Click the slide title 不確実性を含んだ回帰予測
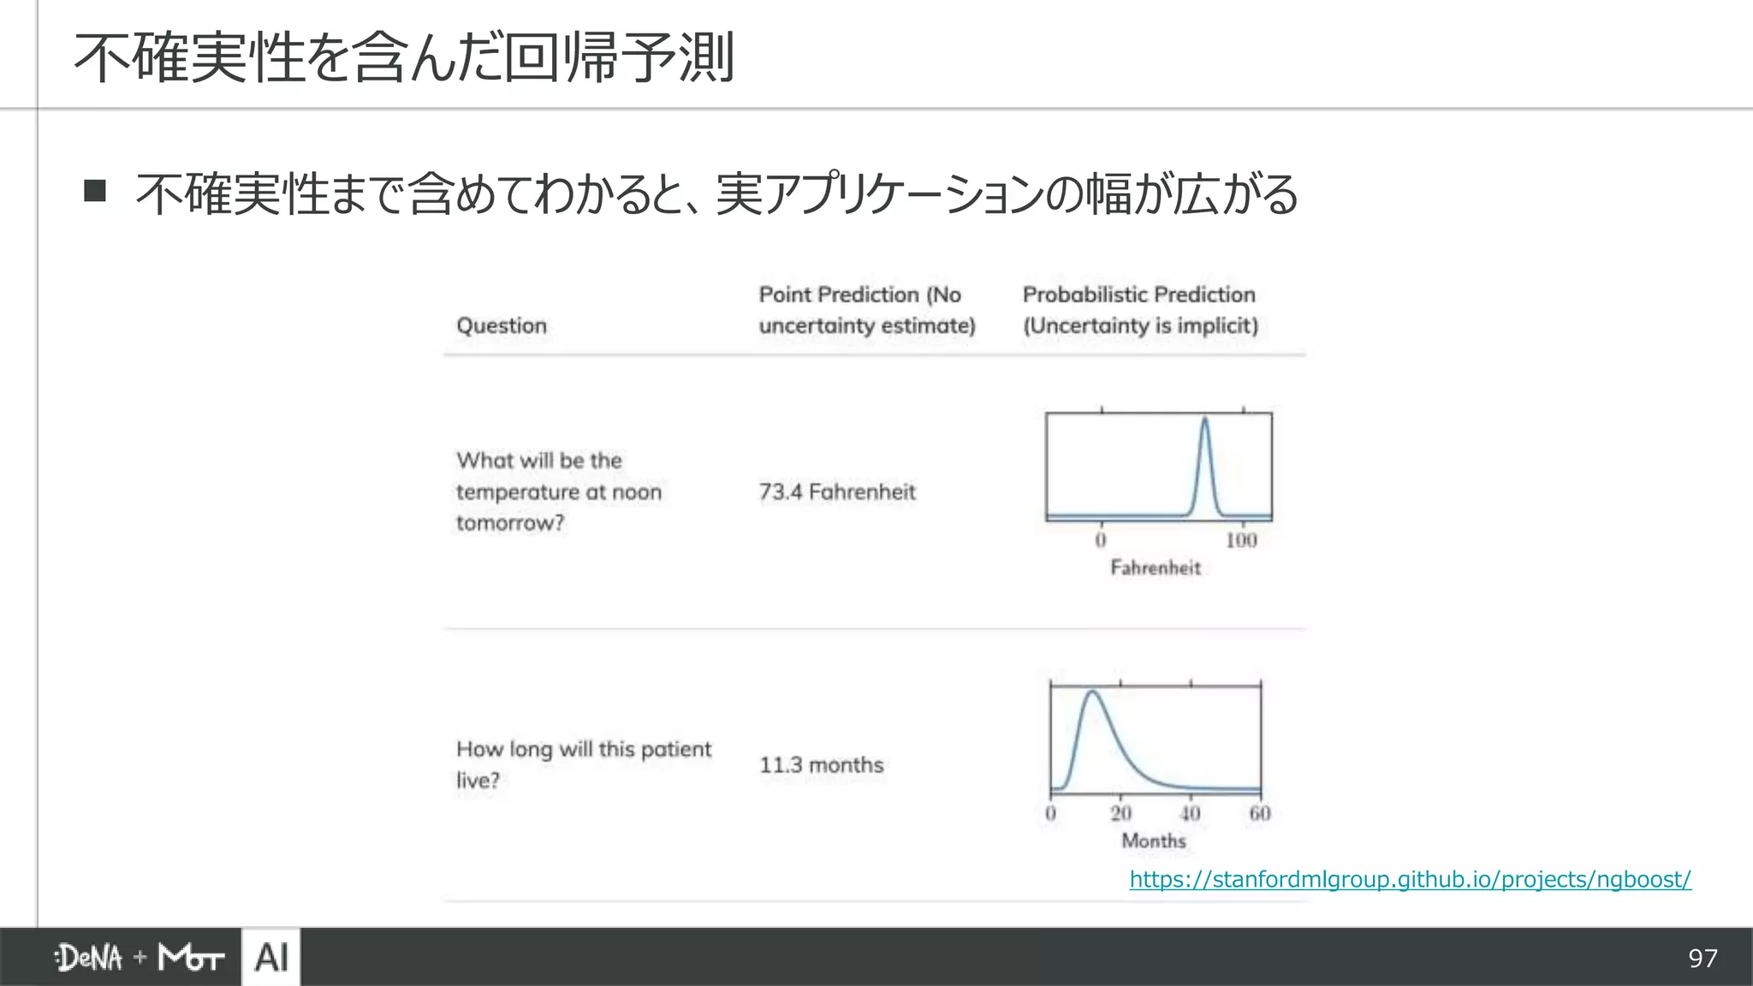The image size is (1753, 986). point(404,58)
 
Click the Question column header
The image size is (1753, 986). point(502,326)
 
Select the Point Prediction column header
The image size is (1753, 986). point(866,310)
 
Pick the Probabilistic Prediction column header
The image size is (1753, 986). point(1140,310)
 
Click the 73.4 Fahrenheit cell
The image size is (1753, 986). point(837,492)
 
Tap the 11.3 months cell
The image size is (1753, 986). point(822,765)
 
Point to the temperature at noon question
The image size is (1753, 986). point(558,492)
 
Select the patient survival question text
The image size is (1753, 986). point(583,764)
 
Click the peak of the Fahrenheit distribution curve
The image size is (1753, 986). point(1205,419)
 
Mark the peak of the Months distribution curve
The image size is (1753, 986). point(1092,692)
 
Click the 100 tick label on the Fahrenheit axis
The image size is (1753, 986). point(1241,540)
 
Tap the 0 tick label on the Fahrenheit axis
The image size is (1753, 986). point(1101,540)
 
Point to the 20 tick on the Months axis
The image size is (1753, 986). point(1120,813)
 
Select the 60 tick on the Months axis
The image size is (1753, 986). point(1260,813)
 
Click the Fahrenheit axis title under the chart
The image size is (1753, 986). point(1156,567)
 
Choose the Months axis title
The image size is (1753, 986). point(1154,840)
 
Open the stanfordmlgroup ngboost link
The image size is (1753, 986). point(1410,879)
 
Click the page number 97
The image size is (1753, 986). point(1702,959)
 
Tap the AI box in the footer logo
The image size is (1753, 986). point(271,958)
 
